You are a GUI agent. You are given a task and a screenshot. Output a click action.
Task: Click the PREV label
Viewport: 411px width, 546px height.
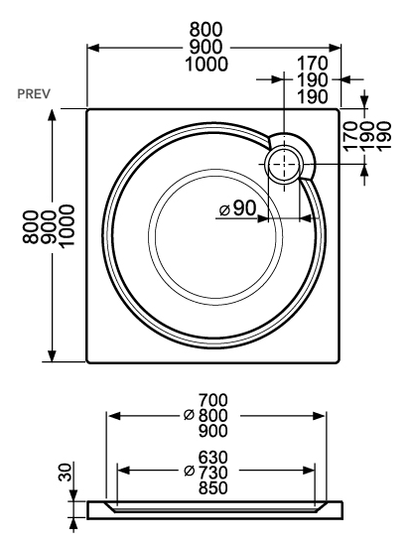pyautogui.click(x=34, y=94)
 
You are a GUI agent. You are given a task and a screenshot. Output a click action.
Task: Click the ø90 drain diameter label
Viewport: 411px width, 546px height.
pyautogui.click(x=238, y=208)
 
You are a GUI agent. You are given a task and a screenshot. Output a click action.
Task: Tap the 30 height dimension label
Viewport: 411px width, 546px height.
pyautogui.click(x=66, y=472)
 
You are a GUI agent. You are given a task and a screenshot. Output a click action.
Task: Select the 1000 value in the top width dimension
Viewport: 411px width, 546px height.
pyautogui.click(x=206, y=65)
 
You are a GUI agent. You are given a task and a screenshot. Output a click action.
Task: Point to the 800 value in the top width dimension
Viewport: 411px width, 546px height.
pyautogui.click(x=205, y=30)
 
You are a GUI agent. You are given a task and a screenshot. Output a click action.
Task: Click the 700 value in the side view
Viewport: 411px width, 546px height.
pyautogui.click(x=213, y=400)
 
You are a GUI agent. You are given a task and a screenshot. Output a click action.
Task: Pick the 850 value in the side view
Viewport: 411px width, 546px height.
pyautogui.click(x=213, y=487)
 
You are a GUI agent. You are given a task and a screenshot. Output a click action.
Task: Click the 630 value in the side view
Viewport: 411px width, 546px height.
pyautogui.click(x=213, y=457)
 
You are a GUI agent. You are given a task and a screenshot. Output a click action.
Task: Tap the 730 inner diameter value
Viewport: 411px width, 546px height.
pyautogui.click(x=213, y=473)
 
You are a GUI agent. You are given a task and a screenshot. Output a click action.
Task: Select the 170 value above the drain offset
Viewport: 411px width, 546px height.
pyautogui.click(x=313, y=64)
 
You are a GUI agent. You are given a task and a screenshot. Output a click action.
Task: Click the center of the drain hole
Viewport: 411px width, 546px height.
pyautogui.click(x=284, y=164)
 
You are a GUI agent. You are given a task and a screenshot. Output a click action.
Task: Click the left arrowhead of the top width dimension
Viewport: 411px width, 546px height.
pyautogui.click(x=93, y=48)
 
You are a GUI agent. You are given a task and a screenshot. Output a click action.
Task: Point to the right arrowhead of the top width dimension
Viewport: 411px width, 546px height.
pyautogui.click(x=334, y=48)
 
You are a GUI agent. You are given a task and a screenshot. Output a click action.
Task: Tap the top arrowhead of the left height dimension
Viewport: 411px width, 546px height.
pyautogui.click(x=53, y=115)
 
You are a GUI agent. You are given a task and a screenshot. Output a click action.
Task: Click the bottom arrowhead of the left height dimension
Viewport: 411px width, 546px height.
pyautogui.click(x=53, y=355)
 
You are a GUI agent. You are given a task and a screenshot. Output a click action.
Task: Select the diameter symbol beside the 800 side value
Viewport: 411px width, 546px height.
pyautogui.click(x=189, y=415)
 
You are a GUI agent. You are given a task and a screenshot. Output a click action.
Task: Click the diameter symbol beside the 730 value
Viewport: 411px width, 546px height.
pyautogui.click(x=189, y=472)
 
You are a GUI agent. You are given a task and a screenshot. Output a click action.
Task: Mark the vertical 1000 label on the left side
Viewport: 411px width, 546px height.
pyautogui.click(x=67, y=225)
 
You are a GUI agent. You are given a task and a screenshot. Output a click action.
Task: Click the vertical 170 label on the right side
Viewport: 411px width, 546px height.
pyautogui.click(x=350, y=136)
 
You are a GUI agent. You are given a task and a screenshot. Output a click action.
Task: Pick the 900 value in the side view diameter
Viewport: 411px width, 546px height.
pyautogui.click(x=213, y=431)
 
